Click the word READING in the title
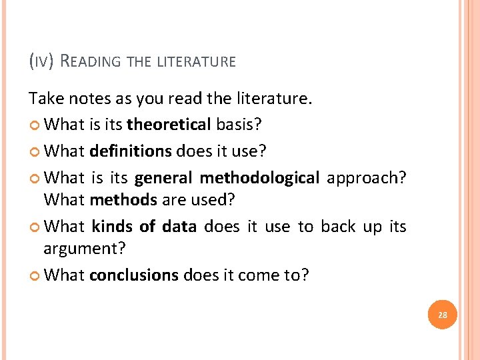click(90, 61)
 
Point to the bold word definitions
click(131, 151)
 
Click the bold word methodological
click(260, 178)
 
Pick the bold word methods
click(123, 200)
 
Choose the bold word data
click(179, 227)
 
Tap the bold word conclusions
click(134, 275)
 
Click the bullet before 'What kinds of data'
click(34, 227)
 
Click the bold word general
click(163, 178)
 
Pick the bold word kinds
click(112, 227)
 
